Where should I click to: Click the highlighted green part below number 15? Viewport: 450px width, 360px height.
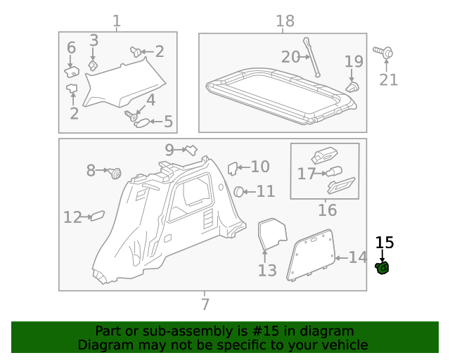click(x=383, y=268)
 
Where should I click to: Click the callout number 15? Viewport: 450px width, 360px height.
click(x=385, y=243)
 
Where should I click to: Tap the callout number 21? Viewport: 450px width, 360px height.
click(x=389, y=79)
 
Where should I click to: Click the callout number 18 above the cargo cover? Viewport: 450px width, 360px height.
click(x=285, y=21)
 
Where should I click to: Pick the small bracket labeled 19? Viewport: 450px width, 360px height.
click(x=352, y=86)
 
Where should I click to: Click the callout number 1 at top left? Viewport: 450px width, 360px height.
click(x=117, y=21)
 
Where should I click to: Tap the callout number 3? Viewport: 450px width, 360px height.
click(x=94, y=41)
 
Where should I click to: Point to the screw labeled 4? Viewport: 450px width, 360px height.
click(x=130, y=113)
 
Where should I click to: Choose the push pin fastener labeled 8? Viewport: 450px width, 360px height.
click(x=115, y=172)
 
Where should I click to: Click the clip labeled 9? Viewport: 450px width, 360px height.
click(x=189, y=149)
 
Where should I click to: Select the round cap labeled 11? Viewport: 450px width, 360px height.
click(x=239, y=191)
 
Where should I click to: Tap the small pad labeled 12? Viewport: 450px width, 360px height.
click(x=98, y=216)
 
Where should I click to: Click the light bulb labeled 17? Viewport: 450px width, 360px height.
click(x=331, y=172)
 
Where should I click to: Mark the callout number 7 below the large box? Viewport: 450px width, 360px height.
click(x=205, y=304)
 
